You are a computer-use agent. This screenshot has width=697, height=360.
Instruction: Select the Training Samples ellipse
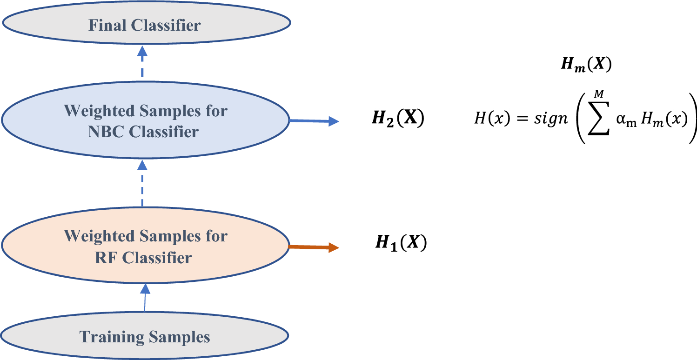pos(145,336)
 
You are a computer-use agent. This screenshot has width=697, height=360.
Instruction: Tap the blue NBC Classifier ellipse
pos(145,121)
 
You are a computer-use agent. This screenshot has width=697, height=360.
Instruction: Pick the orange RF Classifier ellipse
pos(145,247)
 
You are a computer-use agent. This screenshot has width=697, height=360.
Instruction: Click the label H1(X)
pos(401,243)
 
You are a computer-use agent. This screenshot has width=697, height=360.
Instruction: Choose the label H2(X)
pos(398,120)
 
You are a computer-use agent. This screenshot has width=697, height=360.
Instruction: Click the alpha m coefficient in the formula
pos(631,120)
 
